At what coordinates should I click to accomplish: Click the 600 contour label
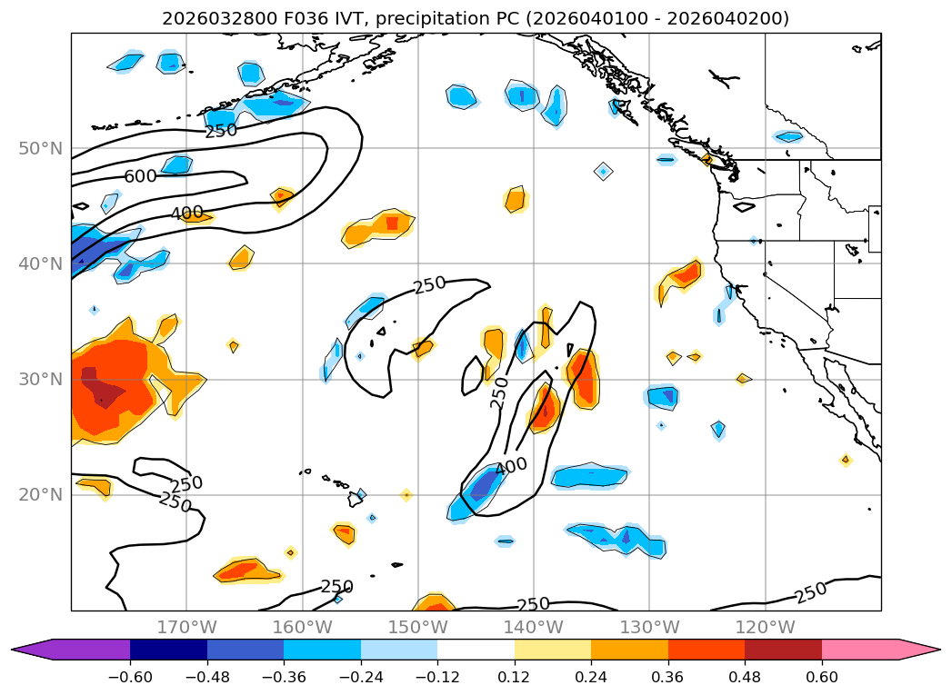[x=140, y=176]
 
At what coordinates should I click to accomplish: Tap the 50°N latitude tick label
[x=41, y=148]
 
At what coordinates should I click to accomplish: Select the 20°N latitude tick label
[x=41, y=495]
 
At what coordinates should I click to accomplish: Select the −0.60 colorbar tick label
[x=130, y=678]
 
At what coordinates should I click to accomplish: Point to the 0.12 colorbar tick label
[x=514, y=678]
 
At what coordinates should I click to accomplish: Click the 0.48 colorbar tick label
[x=745, y=678]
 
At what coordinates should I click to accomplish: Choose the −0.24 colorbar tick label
[x=361, y=678]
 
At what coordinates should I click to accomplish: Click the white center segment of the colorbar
[x=476, y=650]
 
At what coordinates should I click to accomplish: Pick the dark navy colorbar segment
[x=168, y=650]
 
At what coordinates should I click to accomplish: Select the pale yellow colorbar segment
[x=553, y=650]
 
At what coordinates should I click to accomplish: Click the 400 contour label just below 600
[x=186, y=214]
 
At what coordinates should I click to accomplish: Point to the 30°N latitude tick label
[x=41, y=379]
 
